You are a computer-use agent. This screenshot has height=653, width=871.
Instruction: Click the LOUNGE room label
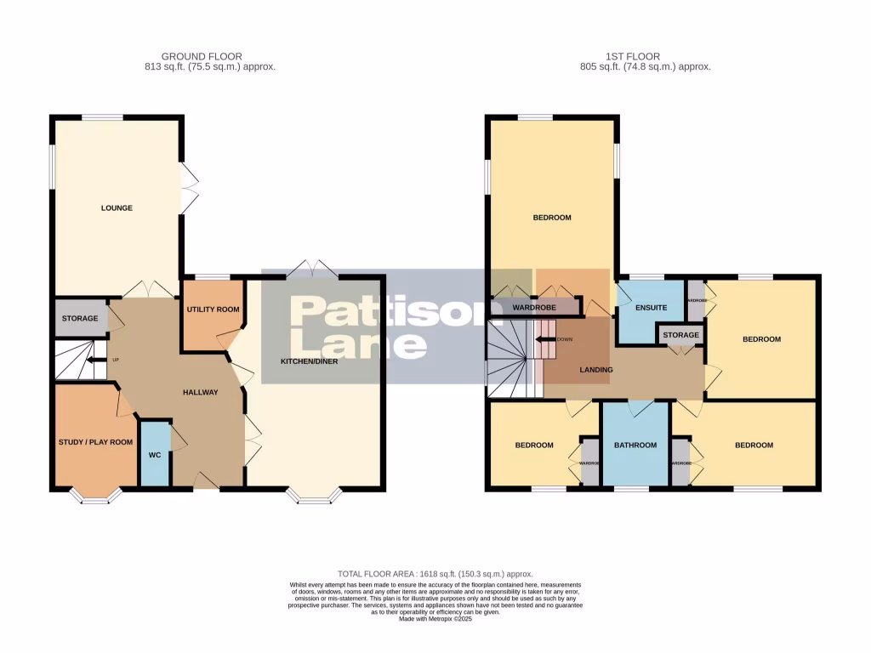[x=117, y=207]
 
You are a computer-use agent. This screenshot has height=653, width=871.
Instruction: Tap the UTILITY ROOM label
[x=213, y=309]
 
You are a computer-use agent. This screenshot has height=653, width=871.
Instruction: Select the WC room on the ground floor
[x=154, y=455]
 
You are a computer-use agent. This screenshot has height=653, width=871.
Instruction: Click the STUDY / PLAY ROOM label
[x=95, y=441]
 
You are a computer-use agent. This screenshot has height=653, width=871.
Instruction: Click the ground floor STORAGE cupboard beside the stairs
[x=79, y=318]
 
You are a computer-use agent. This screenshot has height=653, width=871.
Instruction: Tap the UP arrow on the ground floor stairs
[x=89, y=360]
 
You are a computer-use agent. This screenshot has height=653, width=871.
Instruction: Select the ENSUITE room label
[x=651, y=307]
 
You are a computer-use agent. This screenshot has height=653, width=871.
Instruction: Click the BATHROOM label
[x=635, y=445]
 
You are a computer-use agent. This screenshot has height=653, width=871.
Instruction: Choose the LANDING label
[x=596, y=369]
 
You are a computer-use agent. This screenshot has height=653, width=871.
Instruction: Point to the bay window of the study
[x=95, y=497]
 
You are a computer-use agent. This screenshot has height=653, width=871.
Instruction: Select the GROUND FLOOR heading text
[x=186, y=56]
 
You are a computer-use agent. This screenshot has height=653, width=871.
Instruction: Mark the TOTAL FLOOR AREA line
[x=435, y=575]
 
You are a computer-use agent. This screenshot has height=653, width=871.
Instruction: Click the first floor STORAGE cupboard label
[x=681, y=335]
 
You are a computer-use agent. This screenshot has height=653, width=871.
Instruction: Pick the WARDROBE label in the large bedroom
[x=534, y=306]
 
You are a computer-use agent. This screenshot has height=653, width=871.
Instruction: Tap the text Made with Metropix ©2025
[x=435, y=618]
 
